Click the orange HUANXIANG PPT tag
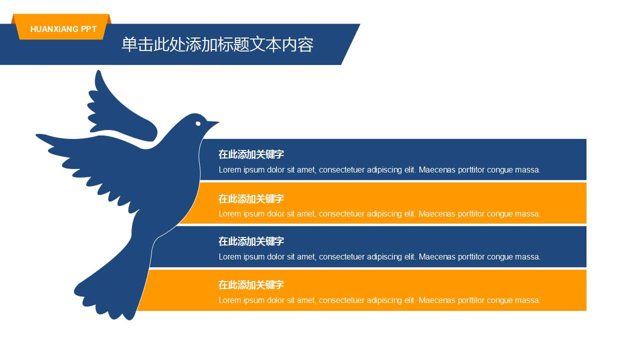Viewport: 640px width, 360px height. click(63, 29)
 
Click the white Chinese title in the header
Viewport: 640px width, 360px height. click(217, 44)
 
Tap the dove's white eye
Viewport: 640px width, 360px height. click(198, 123)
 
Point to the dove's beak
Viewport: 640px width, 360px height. click(213, 122)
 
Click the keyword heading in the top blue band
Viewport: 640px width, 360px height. click(251, 154)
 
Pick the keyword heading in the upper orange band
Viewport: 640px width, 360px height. click(251, 198)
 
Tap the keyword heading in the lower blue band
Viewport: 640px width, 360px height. click(251, 241)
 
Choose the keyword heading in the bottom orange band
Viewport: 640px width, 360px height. click(251, 285)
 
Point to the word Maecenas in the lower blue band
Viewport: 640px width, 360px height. click(437, 257)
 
